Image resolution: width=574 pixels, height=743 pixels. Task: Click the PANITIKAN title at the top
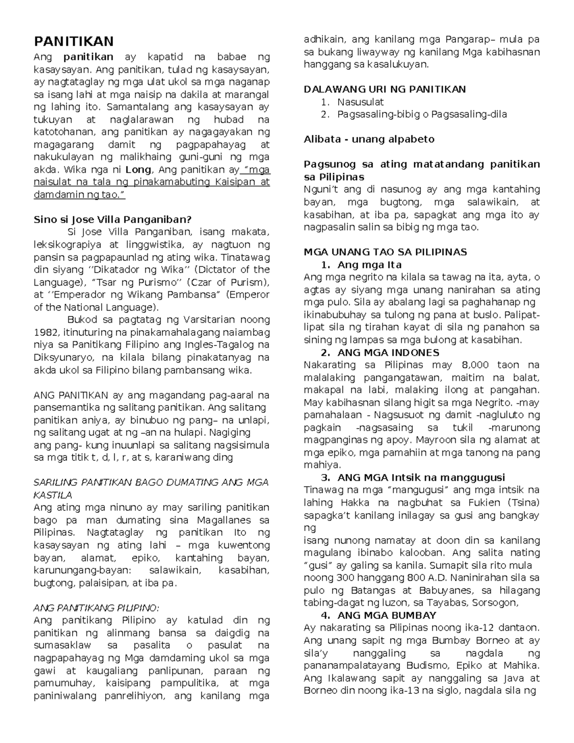pos(73,41)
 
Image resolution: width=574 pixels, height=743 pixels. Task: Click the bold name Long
pos(138,169)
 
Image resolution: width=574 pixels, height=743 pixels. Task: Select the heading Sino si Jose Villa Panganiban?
pos(112,220)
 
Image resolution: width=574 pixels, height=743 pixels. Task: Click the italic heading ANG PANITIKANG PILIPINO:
pos(96,608)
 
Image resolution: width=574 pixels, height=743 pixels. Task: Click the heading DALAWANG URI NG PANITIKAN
pos(385,89)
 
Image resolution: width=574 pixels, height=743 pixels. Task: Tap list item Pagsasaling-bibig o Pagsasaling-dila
pos(421,114)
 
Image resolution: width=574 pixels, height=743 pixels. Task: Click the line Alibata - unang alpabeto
pos(369,139)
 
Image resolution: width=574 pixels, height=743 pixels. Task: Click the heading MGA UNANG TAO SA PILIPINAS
pos(385,252)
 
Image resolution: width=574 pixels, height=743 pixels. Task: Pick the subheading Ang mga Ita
pos(369,265)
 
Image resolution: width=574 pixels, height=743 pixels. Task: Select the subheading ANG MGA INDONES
pos(387,353)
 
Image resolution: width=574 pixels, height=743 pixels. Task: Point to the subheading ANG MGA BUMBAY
pos(386,615)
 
